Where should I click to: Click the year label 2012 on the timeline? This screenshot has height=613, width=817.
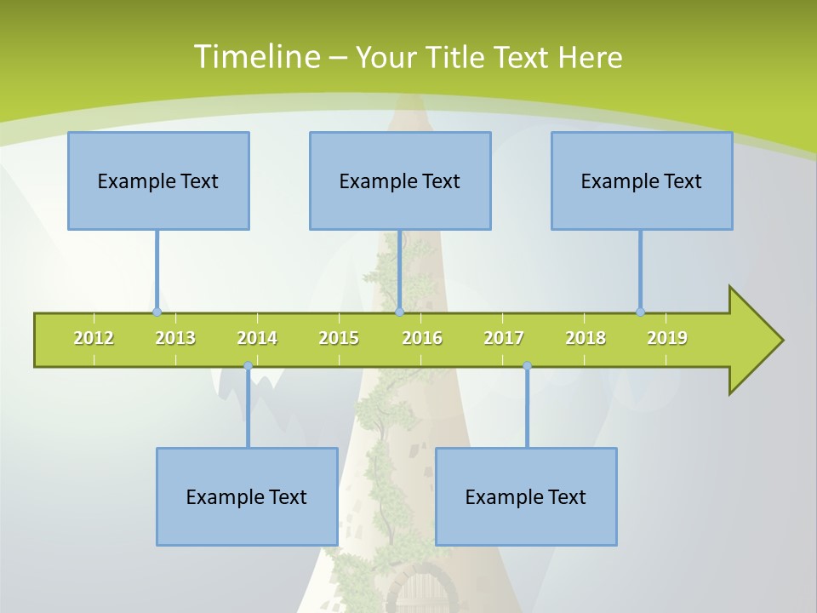click(94, 338)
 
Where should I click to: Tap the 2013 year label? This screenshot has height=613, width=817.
click(175, 338)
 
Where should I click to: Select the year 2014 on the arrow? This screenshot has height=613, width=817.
click(257, 338)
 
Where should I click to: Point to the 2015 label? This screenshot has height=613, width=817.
click(339, 338)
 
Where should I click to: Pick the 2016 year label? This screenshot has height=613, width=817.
click(422, 338)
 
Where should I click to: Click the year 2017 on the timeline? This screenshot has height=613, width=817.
click(504, 338)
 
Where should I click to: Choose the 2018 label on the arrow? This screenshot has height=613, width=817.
click(586, 338)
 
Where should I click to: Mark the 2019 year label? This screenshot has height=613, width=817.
click(667, 338)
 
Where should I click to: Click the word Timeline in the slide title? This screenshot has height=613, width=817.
click(255, 57)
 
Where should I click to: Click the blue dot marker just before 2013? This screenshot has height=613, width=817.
click(157, 312)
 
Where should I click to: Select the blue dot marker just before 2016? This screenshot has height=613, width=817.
click(399, 312)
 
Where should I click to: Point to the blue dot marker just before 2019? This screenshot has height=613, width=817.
click(640, 312)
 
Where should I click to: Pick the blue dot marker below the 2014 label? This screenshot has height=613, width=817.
click(248, 366)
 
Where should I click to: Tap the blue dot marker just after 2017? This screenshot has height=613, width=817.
click(527, 366)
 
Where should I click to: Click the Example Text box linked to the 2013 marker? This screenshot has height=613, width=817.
click(158, 180)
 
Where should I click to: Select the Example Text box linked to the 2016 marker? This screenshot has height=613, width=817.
click(400, 180)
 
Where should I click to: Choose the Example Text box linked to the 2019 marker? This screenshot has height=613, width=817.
click(642, 180)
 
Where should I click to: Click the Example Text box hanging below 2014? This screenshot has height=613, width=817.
click(247, 496)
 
